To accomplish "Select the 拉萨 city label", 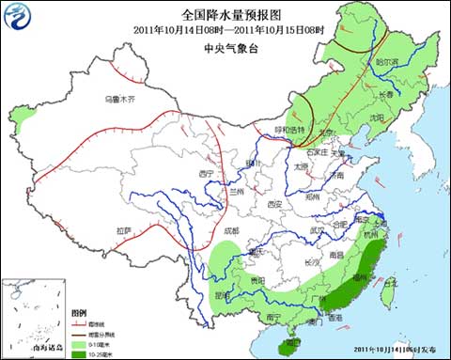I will tap(125, 230).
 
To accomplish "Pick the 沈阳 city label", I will tap(377, 117).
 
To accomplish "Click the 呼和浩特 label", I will tap(290, 130).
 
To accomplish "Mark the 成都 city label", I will tap(231, 230).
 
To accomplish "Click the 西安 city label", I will tap(273, 204).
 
